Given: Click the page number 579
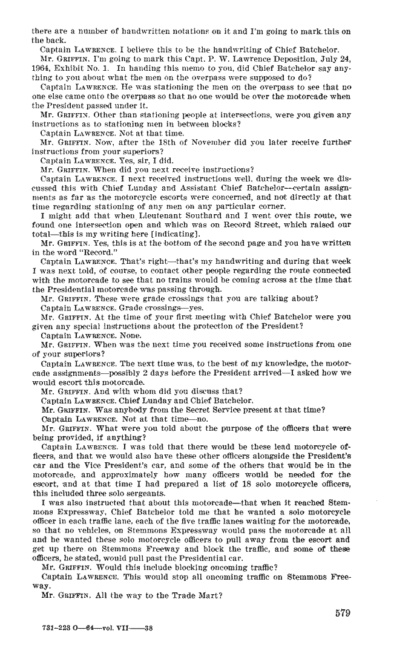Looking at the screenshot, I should point(342,612).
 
